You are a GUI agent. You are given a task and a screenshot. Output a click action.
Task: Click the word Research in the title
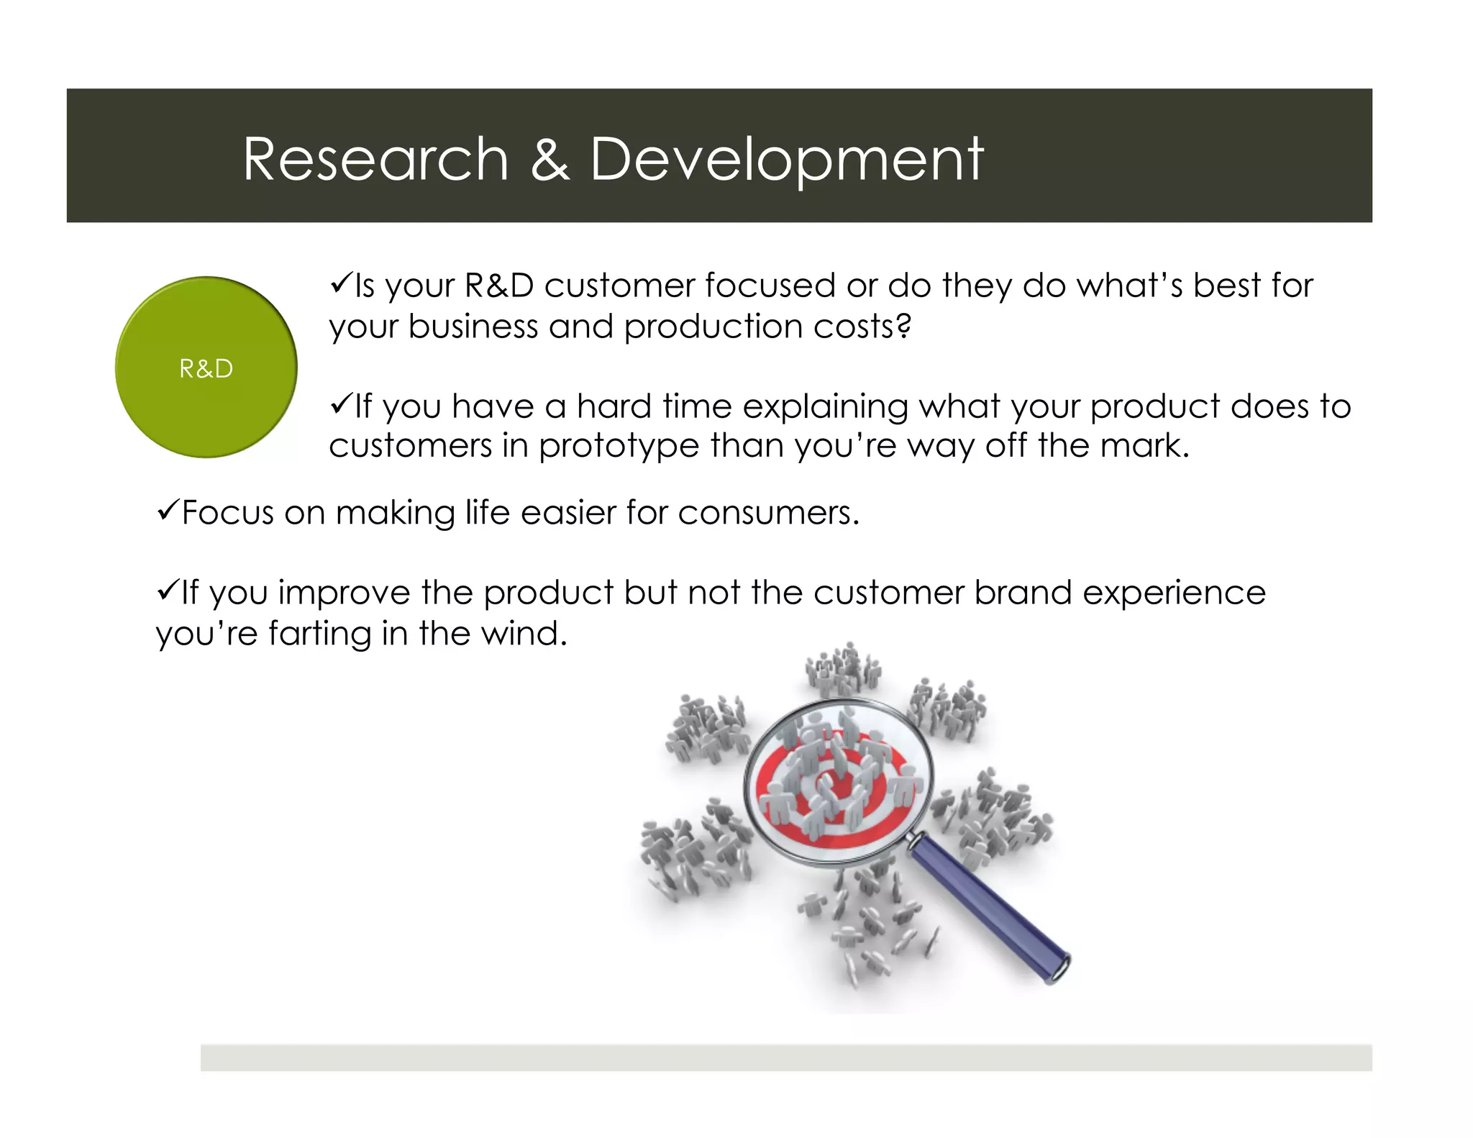pos(375,159)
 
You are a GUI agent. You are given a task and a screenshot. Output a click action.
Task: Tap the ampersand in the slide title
pos(550,159)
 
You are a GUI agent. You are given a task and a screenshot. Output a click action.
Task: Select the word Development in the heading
pos(786,159)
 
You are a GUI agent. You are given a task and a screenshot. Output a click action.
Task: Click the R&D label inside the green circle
pos(206,369)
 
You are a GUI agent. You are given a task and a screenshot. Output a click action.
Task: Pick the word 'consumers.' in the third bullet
pos(768,514)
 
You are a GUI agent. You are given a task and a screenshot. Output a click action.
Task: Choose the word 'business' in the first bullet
pos(473,327)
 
